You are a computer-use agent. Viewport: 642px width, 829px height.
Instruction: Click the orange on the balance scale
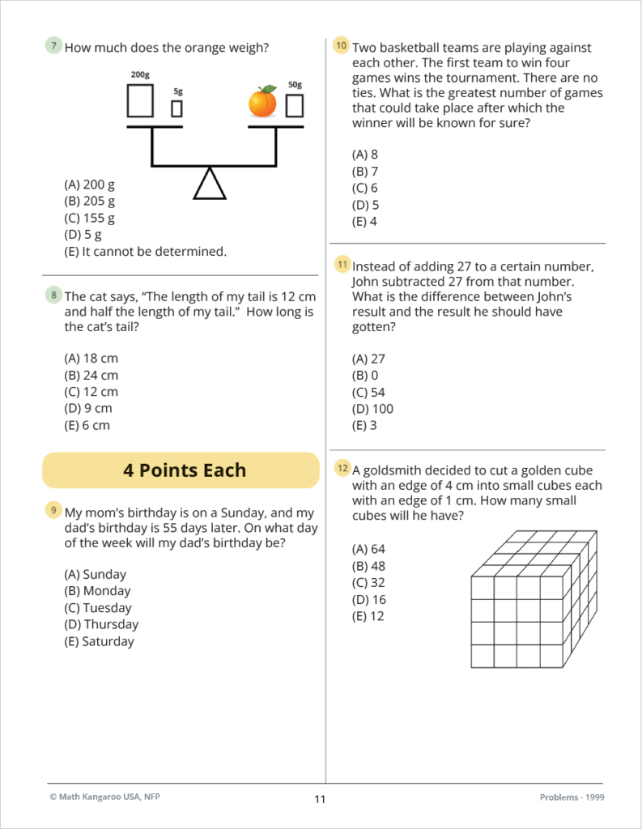point(262,102)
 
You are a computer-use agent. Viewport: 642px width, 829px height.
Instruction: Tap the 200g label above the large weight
point(140,74)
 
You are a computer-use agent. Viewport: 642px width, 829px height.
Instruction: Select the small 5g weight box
point(176,108)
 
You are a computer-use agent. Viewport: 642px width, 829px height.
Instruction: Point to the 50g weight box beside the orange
point(295,105)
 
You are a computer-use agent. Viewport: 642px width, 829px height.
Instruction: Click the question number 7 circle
point(53,46)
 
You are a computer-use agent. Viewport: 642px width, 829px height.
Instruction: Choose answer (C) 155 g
point(89,218)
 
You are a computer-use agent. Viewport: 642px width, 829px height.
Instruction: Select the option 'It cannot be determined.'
point(145,251)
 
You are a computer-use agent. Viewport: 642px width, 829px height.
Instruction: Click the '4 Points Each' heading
point(185,470)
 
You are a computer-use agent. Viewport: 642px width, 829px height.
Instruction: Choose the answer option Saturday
point(99,641)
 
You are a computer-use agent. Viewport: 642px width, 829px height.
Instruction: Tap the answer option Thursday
point(100,624)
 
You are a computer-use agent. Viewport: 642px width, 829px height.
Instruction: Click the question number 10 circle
point(341,46)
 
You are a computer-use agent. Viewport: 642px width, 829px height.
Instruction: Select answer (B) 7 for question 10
point(365,172)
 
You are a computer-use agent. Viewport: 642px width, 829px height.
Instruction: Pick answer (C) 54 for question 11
point(368,392)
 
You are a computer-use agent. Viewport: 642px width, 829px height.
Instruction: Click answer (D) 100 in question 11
point(372,409)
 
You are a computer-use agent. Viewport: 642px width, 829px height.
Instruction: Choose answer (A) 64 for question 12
point(368,549)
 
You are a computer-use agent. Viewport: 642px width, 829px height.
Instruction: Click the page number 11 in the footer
point(320,800)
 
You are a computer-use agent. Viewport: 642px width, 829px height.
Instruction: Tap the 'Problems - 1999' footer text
point(571,797)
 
